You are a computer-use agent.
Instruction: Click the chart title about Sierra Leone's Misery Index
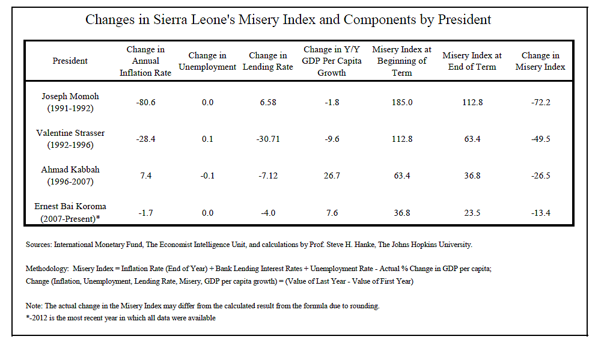click(288, 19)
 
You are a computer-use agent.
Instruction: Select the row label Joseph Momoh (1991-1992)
click(70, 102)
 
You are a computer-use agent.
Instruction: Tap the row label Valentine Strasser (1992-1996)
click(70, 139)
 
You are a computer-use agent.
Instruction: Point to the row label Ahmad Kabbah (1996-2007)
click(70, 176)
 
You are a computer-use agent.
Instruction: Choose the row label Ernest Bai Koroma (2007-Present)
click(70, 212)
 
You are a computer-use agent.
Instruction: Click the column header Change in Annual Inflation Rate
click(145, 61)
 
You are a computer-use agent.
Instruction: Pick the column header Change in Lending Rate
click(267, 61)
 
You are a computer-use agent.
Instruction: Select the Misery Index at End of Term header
click(472, 61)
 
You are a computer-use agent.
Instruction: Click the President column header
click(70, 61)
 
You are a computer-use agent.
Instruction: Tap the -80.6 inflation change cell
click(145, 103)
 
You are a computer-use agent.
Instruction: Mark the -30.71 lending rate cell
click(267, 139)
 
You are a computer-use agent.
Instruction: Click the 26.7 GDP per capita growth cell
click(332, 176)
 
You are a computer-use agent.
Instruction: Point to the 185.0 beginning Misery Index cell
click(401, 103)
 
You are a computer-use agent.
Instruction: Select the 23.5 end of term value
click(472, 213)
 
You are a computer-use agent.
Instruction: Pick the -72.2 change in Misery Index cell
click(540, 103)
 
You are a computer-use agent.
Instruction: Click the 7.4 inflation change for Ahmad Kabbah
click(145, 176)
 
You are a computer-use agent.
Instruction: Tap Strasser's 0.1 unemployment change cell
click(207, 139)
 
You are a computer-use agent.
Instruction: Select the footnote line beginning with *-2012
click(120, 318)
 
